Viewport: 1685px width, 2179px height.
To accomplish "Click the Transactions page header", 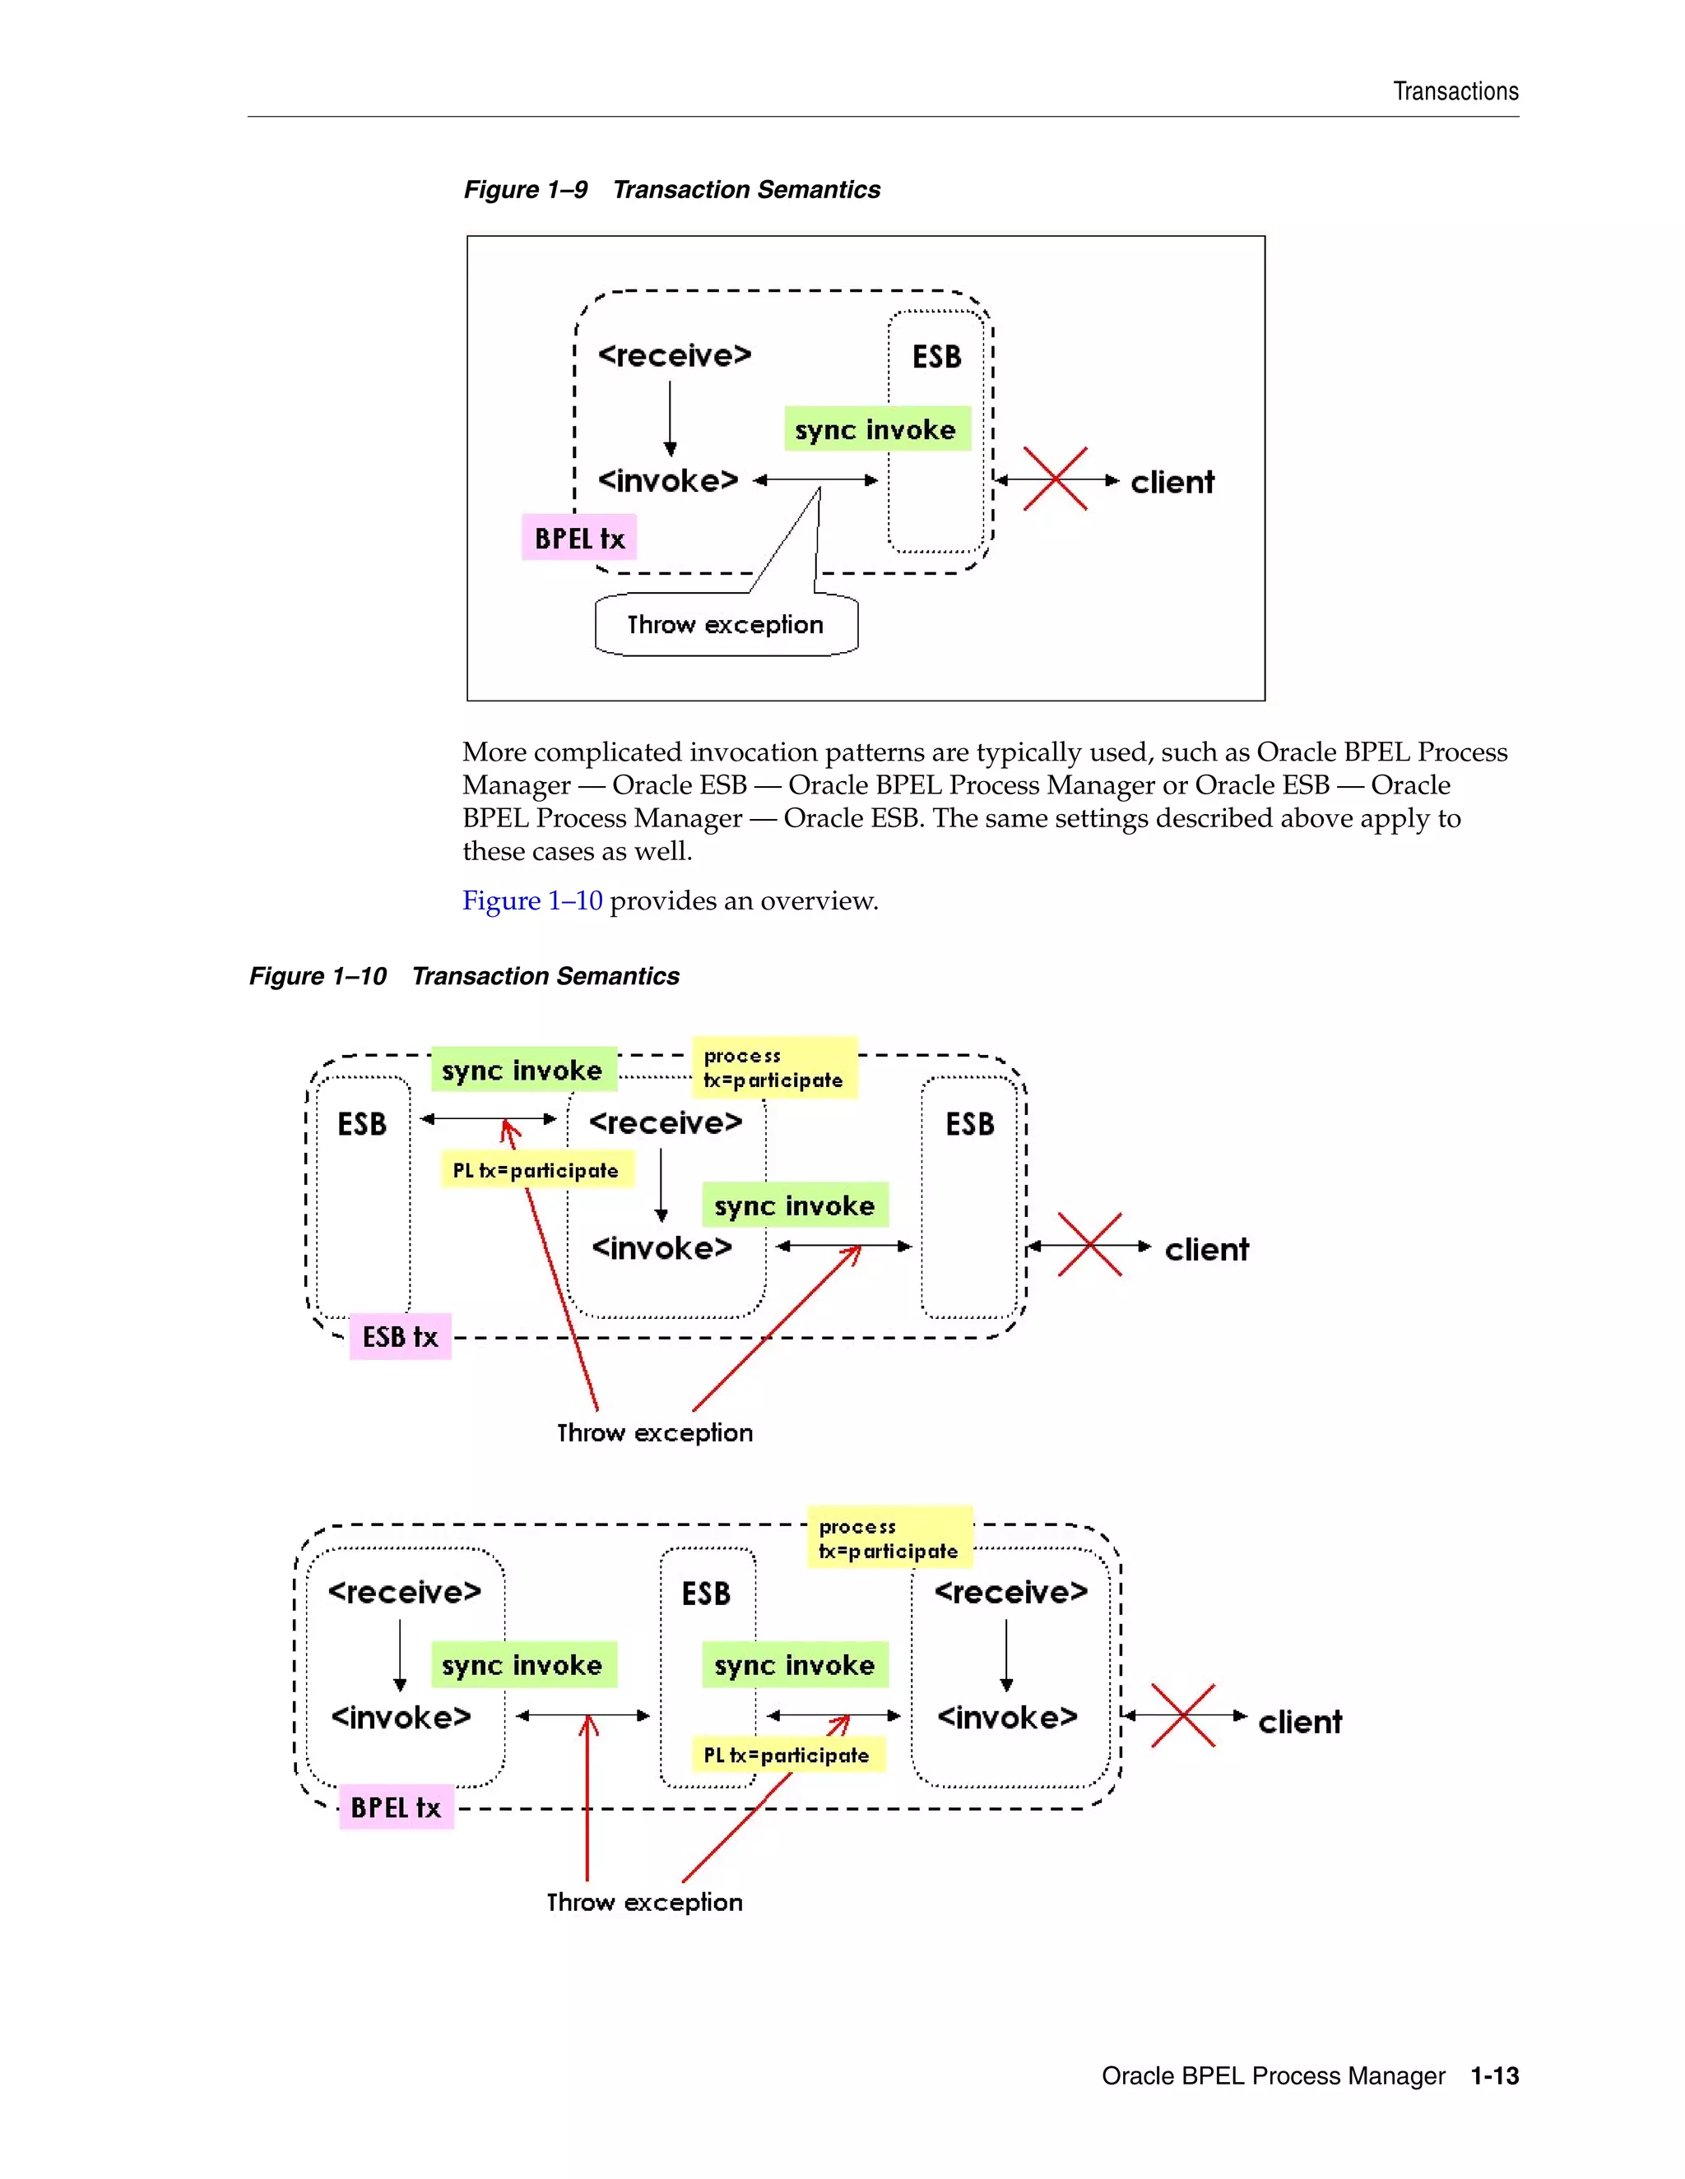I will coord(1455,92).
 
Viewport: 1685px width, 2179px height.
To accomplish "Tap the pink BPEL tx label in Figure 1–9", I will coord(579,539).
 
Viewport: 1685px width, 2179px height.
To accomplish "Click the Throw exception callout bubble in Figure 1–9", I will coord(726,625).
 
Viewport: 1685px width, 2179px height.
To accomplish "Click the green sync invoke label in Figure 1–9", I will coord(875,429).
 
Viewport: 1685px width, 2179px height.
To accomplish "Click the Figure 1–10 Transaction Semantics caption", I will coord(464,976).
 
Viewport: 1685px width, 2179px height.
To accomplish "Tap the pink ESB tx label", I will coord(401,1337).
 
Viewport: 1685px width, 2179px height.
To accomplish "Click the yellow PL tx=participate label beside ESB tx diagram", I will coord(536,1170).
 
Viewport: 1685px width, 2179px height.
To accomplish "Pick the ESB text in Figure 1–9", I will coord(936,356).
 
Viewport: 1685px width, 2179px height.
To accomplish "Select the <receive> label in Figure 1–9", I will coord(675,355).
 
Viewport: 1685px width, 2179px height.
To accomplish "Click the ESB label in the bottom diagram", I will coord(706,1594).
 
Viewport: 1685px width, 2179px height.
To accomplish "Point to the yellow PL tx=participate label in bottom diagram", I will coord(787,1755).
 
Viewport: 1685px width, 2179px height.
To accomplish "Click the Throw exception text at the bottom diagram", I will coord(645,1902).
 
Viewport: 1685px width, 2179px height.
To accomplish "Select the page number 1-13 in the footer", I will coord(1494,2075).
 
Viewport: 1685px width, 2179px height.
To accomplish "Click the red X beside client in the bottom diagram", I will coord(1183,1715).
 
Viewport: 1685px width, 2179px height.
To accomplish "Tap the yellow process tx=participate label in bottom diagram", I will coord(889,1538).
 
